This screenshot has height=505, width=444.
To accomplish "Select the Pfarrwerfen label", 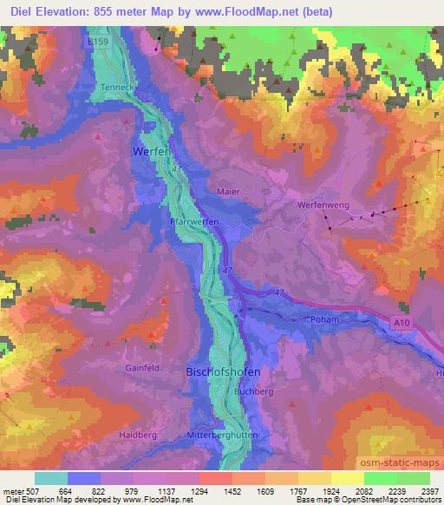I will (193, 222).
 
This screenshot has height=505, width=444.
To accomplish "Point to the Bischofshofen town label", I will (223, 371).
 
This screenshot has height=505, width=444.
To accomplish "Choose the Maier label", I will (228, 191).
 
